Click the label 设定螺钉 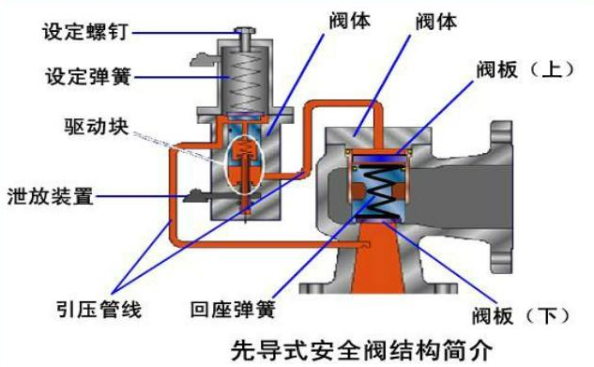pos(85,31)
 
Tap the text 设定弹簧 pos(89,77)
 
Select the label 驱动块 pos(97,127)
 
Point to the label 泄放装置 pos(51,196)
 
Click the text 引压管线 pos(99,310)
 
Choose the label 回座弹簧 pos(233,310)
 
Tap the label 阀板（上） pos(525,69)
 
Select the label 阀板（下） pos(521,315)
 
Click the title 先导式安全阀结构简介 pos(362,351)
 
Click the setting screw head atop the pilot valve pos(245,31)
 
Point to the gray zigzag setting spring pos(246,81)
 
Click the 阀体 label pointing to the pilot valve pos(350,21)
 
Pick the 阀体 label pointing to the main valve pos(436,21)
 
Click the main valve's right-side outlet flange pos(501,197)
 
